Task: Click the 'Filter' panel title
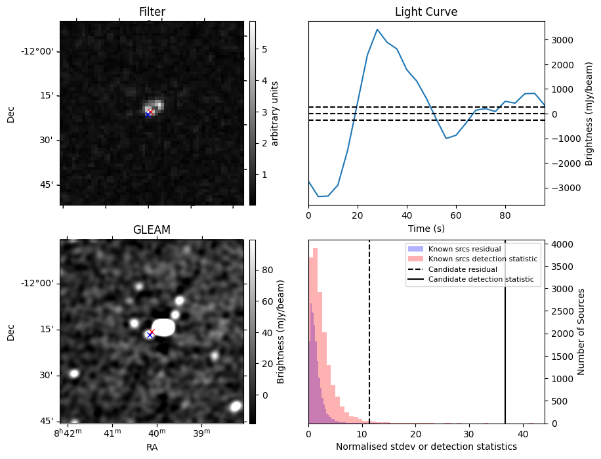click(x=152, y=12)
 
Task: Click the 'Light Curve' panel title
click(x=426, y=12)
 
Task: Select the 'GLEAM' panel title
click(x=152, y=230)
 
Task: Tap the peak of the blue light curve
click(x=377, y=30)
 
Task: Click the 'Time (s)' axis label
click(x=426, y=227)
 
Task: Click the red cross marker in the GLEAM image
click(x=152, y=332)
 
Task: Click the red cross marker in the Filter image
click(x=150, y=112)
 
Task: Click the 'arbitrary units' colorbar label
click(x=276, y=113)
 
